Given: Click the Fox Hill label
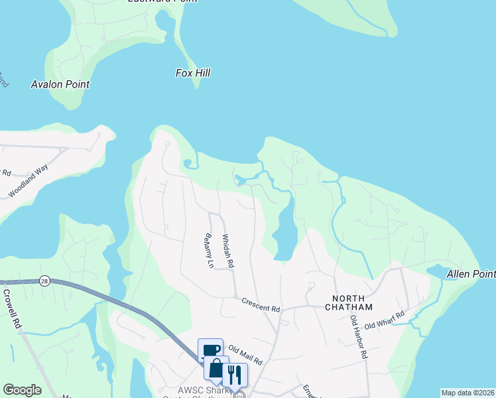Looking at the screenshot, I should tap(193, 73).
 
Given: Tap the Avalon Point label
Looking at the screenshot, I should tap(60, 84).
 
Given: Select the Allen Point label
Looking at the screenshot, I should tap(471, 274).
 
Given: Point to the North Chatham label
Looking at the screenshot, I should tap(349, 306).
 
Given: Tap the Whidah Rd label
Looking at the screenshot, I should tap(228, 251).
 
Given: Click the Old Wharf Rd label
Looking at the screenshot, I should tap(384, 320).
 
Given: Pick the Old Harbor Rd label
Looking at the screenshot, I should tap(359, 337).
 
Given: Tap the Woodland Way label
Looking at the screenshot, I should tap(29, 181).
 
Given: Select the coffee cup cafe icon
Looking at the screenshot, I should tap(210, 350).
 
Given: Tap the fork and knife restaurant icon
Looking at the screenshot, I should tap(235, 375).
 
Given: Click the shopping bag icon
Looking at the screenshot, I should tap(216, 368).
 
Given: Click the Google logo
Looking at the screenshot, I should tap(22, 390).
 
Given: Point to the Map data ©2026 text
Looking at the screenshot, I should tap(467, 393).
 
